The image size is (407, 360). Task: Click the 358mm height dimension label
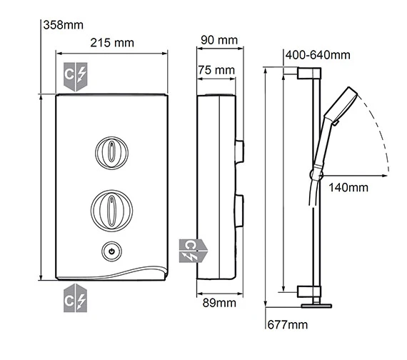click(x=64, y=26)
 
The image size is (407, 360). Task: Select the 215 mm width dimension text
click(x=111, y=43)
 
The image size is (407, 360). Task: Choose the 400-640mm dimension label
click(x=317, y=56)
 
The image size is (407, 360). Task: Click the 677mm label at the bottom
click(x=288, y=325)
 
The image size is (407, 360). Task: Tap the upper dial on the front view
click(x=112, y=153)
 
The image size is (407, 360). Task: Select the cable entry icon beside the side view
click(x=192, y=249)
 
